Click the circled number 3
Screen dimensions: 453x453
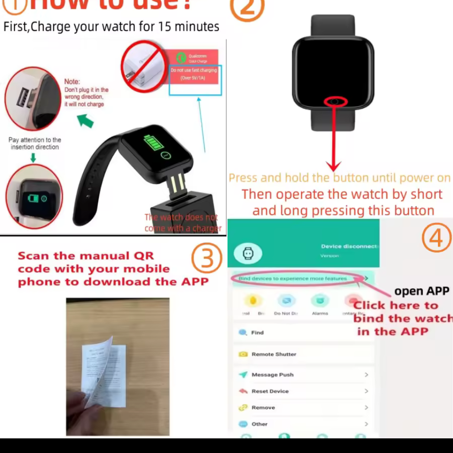coord(207,259)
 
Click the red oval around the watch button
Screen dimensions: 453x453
coord(336,101)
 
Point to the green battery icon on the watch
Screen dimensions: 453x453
coord(152,142)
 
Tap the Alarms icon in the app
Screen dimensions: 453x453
coord(320,301)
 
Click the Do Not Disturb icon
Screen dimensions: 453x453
coord(286,301)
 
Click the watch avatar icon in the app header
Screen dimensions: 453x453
coord(248,253)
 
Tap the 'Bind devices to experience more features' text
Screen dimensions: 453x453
coord(293,278)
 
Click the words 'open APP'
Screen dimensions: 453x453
coord(422,291)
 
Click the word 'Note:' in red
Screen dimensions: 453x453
coord(72,82)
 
